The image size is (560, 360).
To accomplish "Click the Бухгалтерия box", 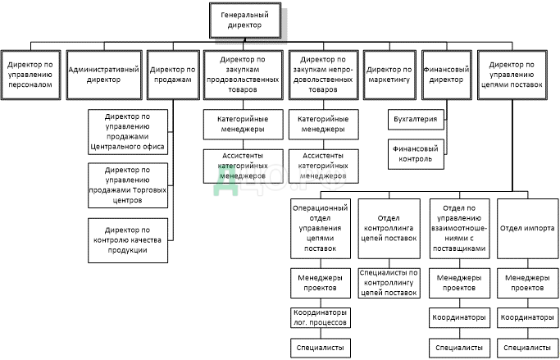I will [416, 120].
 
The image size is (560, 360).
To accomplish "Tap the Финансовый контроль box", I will [416, 153].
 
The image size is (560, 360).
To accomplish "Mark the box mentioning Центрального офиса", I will [127, 131].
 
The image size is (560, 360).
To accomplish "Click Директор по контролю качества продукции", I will [127, 239].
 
